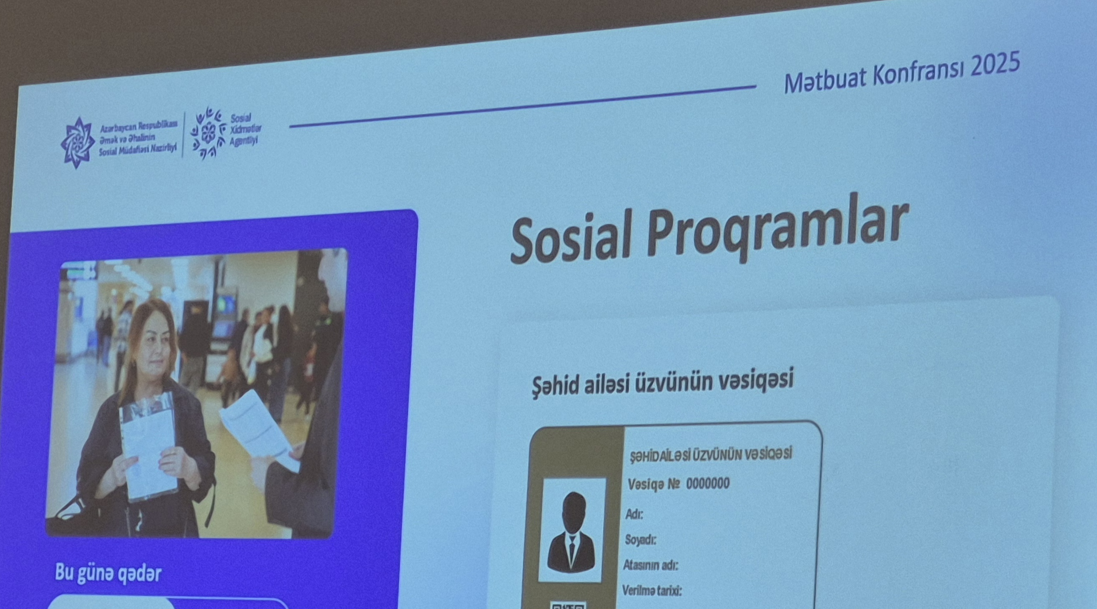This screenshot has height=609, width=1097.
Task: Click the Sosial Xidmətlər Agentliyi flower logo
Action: (x=208, y=133)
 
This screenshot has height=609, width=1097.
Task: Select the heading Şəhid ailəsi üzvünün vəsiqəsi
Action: (x=662, y=382)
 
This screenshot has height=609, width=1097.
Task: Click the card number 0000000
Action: (x=707, y=484)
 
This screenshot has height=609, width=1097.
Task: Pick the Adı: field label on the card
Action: (x=634, y=514)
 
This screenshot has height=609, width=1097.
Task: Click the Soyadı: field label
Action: (x=640, y=539)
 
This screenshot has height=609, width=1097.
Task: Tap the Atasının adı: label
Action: (x=650, y=565)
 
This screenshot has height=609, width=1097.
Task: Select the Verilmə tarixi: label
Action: (x=651, y=591)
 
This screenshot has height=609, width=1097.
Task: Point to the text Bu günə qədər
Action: (x=108, y=573)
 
